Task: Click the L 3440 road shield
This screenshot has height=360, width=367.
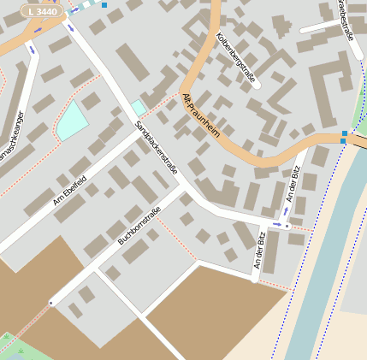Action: [x=41, y=11]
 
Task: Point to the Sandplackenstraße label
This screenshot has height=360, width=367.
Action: [x=156, y=147]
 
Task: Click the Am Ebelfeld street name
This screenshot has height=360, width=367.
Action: [x=70, y=190]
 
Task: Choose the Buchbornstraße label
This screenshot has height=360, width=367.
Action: [x=139, y=228]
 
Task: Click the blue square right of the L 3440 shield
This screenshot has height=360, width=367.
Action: [x=104, y=5]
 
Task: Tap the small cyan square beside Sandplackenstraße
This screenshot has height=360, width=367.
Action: [x=139, y=108]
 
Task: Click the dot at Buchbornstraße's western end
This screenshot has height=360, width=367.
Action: [x=50, y=303]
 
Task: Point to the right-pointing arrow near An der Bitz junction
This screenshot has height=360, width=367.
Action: [x=276, y=224]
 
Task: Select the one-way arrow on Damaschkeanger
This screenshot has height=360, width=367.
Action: [x=33, y=50]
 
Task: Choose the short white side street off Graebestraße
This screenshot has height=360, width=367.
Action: [x=320, y=27]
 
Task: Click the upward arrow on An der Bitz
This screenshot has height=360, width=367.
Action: [x=287, y=210]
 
